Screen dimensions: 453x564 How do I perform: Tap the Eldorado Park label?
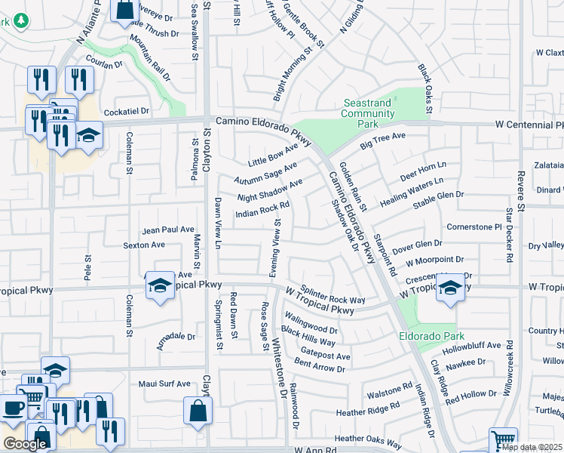(433, 336)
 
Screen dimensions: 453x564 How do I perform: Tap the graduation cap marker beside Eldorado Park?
(450, 288)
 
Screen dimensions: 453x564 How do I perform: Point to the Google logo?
(25, 444)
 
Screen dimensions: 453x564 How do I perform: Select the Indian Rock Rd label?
(262, 209)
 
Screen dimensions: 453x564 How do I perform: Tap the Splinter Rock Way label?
(333, 294)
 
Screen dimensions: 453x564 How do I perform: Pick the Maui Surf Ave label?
(165, 384)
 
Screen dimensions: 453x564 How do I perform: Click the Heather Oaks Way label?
(368, 438)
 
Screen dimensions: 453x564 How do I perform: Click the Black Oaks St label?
(425, 89)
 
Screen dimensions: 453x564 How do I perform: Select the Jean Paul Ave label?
(169, 230)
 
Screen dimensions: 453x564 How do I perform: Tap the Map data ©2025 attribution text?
(532, 447)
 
